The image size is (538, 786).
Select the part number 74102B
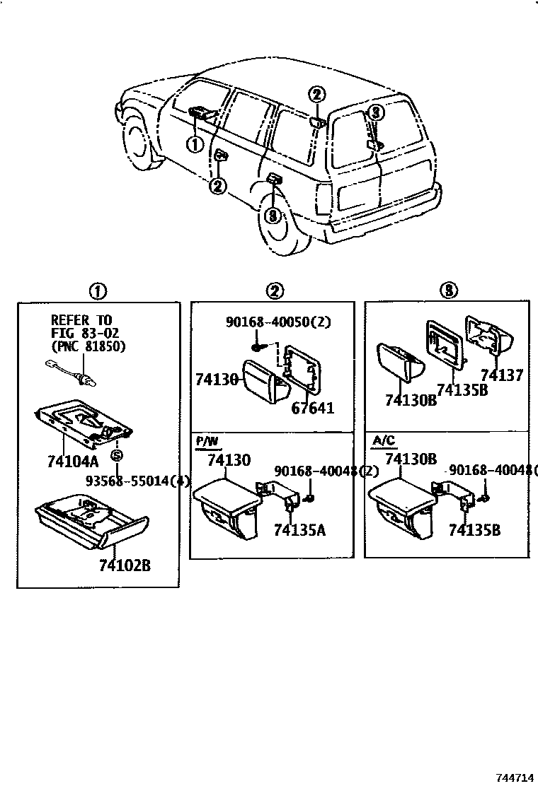point(126,565)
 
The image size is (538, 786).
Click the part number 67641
point(311,408)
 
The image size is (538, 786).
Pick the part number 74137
point(501,375)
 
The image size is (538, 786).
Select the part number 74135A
point(299,531)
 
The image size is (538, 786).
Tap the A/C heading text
point(382,441)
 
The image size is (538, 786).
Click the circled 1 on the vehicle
point(194,143)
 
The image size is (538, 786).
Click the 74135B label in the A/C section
point(474,530)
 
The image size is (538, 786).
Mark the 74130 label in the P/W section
point(228,460)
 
